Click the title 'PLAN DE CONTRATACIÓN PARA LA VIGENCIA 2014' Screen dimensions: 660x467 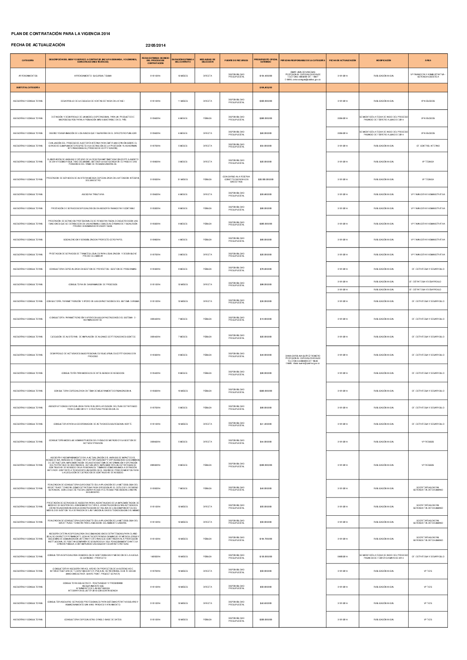point(61,34)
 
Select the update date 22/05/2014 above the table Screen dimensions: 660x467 point(156,45)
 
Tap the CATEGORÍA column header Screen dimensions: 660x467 point(28,61)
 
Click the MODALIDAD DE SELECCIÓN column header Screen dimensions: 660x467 point(207,61)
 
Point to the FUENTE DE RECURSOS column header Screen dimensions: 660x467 point(236,61)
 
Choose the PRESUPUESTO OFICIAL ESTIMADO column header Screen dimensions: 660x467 point(266,61)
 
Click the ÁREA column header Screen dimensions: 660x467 point(428,61)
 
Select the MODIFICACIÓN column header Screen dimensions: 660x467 point(383,61)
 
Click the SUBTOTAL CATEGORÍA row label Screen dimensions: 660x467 point(28,87)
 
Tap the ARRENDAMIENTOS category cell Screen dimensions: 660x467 point(28,76)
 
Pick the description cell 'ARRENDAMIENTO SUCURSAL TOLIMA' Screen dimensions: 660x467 point(93,76)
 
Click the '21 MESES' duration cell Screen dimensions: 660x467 point(183,179)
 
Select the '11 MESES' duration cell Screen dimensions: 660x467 point(183,101)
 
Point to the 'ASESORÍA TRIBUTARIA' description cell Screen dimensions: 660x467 point(93,194)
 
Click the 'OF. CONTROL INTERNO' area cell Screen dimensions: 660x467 point(428,146)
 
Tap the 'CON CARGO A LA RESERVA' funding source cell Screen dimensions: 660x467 point(236,179)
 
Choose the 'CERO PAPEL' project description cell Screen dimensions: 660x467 point(93,239)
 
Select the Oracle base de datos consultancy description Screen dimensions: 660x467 point(93,619)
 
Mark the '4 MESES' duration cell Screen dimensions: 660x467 point(183,239)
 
